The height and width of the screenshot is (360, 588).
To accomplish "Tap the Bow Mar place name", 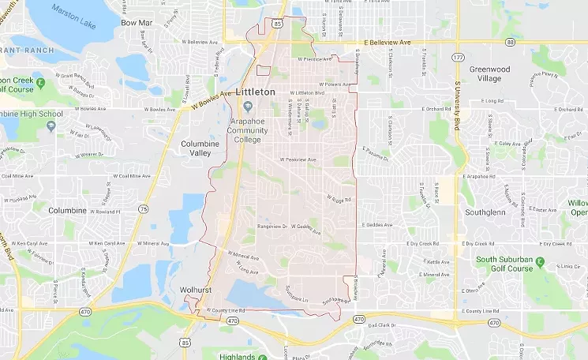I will point(136,23).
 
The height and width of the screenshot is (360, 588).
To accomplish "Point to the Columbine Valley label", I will point(200,148).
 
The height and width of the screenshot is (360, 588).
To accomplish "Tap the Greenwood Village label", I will point(490,74).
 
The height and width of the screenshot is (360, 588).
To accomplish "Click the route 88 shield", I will point(511,42).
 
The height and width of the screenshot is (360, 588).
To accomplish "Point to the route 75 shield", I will point(143,208).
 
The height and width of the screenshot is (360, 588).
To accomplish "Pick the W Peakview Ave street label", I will point(298,160).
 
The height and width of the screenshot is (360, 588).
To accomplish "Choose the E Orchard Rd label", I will point(436,109).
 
